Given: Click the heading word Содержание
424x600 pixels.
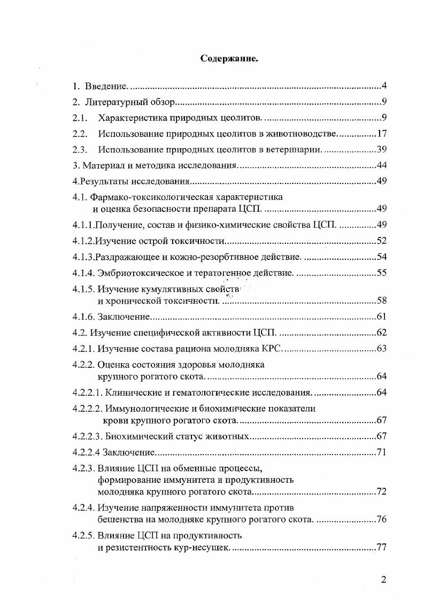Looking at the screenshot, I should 229,59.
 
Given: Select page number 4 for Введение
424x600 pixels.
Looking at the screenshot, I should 384,86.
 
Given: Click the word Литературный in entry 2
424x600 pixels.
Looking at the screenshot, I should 116,102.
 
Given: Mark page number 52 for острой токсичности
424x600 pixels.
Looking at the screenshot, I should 381,241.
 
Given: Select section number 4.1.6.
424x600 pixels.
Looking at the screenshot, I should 84,317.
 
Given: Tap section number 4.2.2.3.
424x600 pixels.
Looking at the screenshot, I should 88,437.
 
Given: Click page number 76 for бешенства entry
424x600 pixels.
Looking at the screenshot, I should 381,519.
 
